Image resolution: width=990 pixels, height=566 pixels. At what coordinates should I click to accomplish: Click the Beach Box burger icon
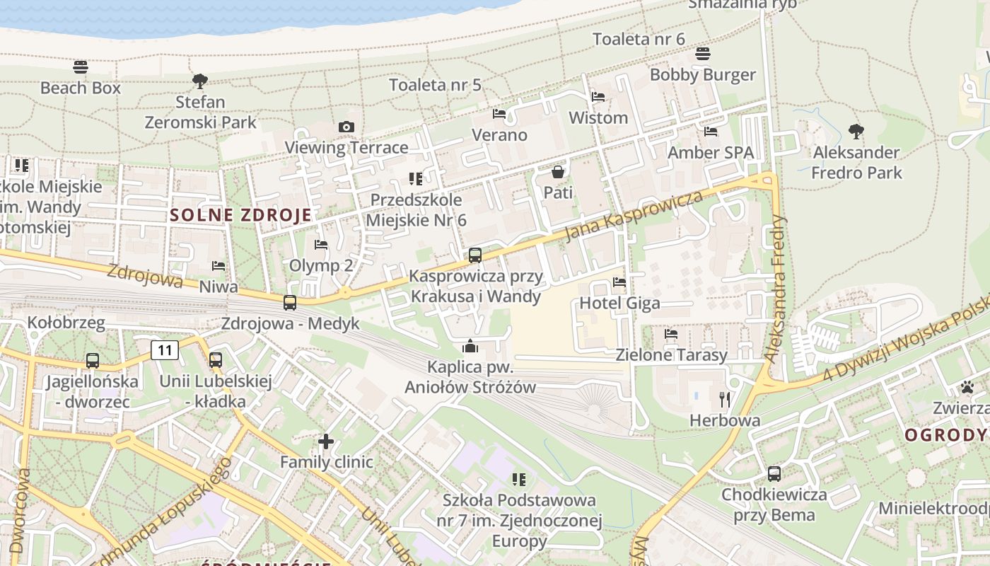[81, 67]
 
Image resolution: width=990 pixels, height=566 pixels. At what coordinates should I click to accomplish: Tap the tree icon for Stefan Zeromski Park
[200, 81]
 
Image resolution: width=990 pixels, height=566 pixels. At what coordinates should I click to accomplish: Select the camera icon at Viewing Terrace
[346, 127]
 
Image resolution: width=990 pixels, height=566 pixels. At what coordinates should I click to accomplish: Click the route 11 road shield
[165, 350]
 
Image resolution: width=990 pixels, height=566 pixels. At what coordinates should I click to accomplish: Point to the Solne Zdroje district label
[240, 216]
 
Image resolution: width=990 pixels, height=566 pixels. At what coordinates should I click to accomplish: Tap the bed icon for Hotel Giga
[619, 282]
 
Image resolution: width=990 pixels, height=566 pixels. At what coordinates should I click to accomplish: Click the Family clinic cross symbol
[326, 441]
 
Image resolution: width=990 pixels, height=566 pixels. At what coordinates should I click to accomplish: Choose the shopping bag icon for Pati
[558, 172]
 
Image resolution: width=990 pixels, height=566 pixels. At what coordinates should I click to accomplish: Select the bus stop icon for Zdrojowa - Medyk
[290, 303]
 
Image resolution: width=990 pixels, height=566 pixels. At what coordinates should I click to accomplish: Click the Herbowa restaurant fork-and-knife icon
[725, 400]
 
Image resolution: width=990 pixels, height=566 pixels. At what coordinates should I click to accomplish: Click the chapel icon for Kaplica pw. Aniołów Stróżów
[470, 346]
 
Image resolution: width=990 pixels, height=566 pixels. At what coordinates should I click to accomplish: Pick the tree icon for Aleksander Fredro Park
[856, 132]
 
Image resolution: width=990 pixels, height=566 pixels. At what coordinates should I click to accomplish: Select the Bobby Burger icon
[703, 54]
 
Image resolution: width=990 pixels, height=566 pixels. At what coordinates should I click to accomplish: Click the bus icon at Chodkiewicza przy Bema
[774, 474]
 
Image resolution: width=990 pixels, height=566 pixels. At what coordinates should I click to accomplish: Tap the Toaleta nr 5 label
[435, 86]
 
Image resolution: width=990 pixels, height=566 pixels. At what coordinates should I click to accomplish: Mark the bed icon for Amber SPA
[711, 132]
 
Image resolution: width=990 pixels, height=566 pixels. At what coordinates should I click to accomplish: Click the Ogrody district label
[946, 435]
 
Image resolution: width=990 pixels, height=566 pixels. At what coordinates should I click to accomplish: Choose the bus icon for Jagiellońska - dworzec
[93, 361]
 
